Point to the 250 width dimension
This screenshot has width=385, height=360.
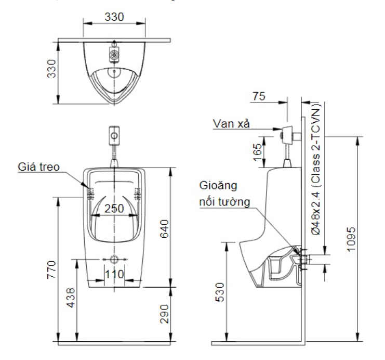point(114,208)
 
